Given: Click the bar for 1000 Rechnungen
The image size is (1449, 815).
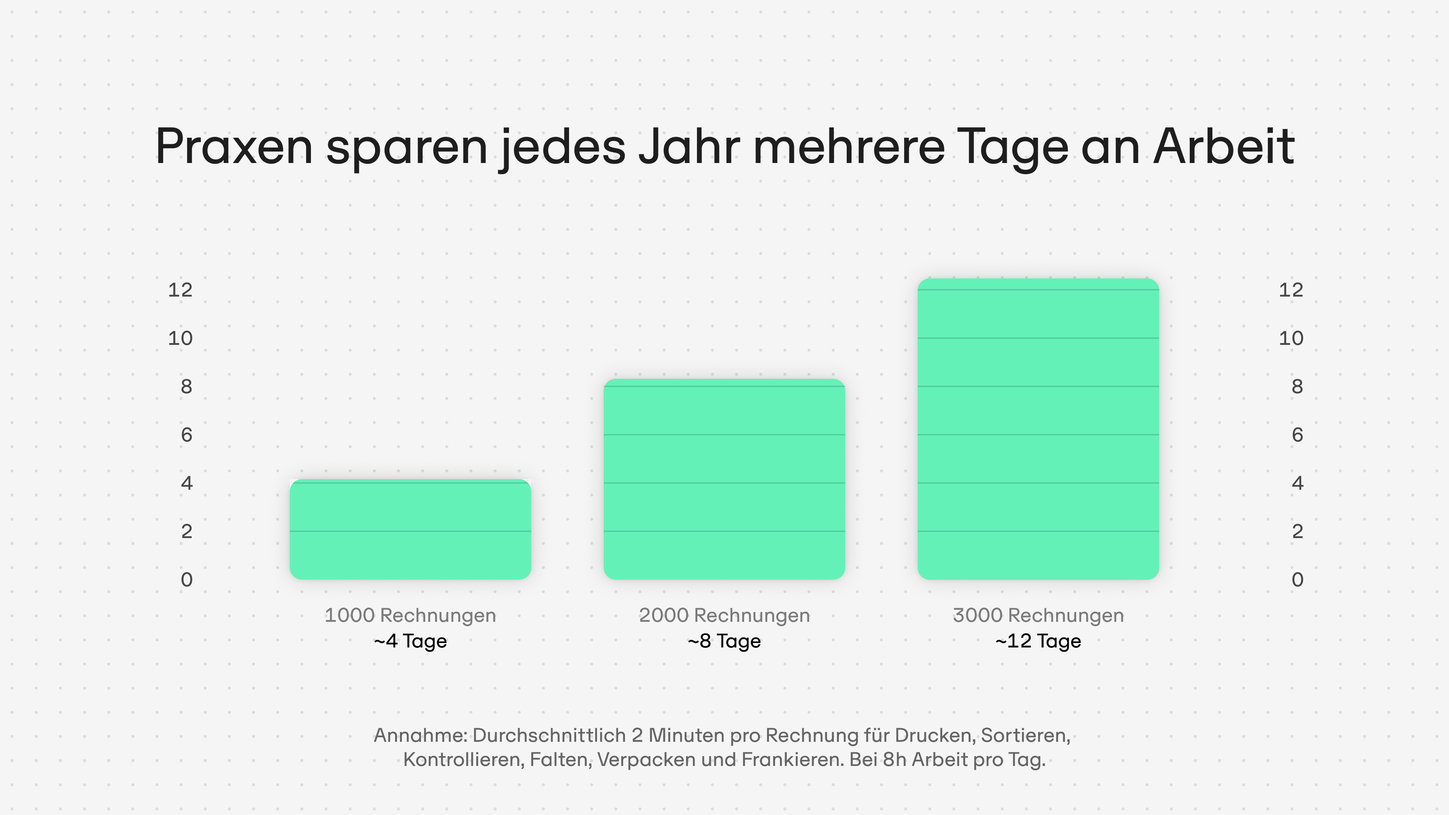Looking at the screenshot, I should (410, 529).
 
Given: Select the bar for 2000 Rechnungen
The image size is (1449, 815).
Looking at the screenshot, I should (724, 479).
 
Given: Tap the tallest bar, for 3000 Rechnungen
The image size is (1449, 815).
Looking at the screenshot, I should (1038, 429).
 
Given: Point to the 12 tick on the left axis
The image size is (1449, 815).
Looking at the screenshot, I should (180, 290).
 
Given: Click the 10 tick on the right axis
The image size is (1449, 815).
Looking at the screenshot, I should (1291, 338).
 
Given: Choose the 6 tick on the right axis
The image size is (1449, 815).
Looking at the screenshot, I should (1297, 435).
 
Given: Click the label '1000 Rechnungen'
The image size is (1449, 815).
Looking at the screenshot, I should (410, 615).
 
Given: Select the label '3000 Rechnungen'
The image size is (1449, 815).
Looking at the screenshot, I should (1038, 615).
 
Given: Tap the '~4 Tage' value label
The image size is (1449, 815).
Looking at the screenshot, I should (410, 641).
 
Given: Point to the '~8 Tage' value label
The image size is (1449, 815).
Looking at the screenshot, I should (724, 641).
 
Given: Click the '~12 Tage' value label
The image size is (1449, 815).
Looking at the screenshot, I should (1038, 641).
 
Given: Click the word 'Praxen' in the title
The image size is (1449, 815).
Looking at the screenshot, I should (234, 147).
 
